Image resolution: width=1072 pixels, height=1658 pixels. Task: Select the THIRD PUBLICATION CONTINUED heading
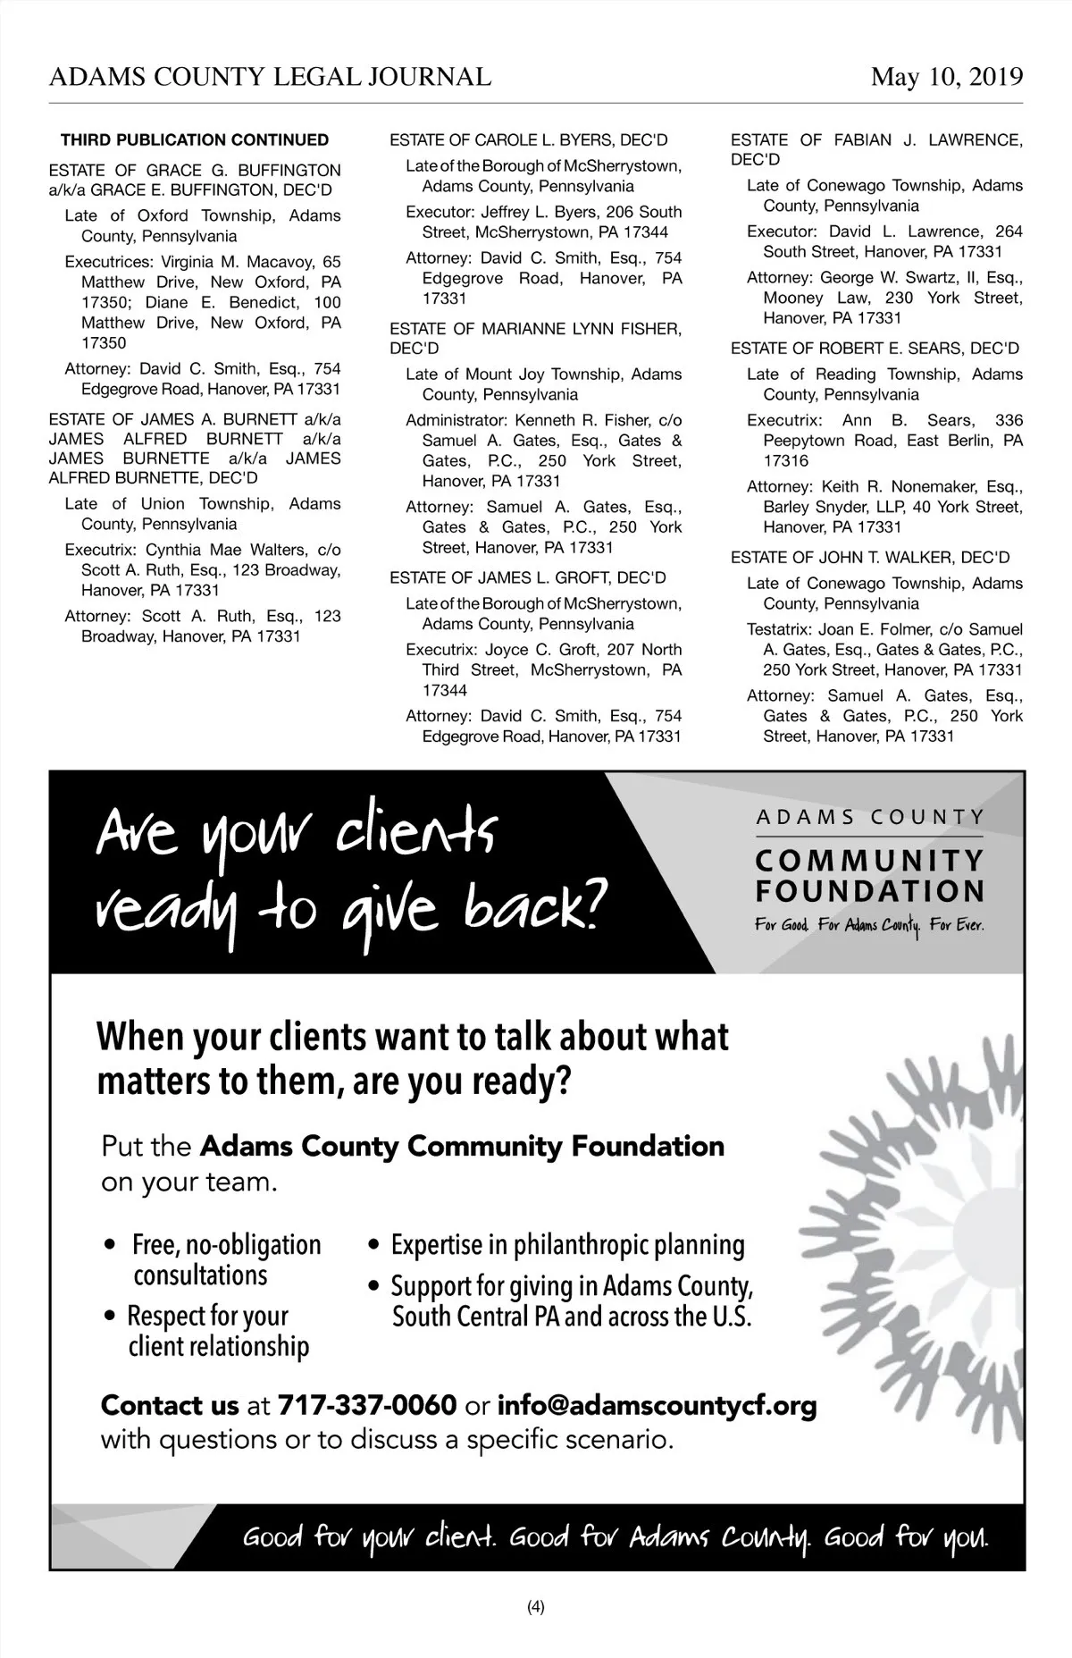(195, 140)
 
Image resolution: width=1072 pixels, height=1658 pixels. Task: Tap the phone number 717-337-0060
(367, 1405)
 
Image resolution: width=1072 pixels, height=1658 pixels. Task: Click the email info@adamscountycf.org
(657, 1405)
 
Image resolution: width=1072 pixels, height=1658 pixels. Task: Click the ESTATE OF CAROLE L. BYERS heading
(529, 140)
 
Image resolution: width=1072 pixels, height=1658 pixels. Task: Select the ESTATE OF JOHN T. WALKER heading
(870, 558)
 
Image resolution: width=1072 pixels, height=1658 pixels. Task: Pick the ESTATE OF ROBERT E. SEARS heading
(875, 349)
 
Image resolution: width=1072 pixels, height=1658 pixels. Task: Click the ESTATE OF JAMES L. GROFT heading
(527, 578)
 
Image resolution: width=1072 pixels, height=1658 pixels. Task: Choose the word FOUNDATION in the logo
(870, 891)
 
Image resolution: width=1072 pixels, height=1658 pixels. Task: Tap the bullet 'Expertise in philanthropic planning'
(567, 1245)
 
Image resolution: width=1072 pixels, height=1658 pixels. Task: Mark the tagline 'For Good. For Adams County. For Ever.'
(869, 925)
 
